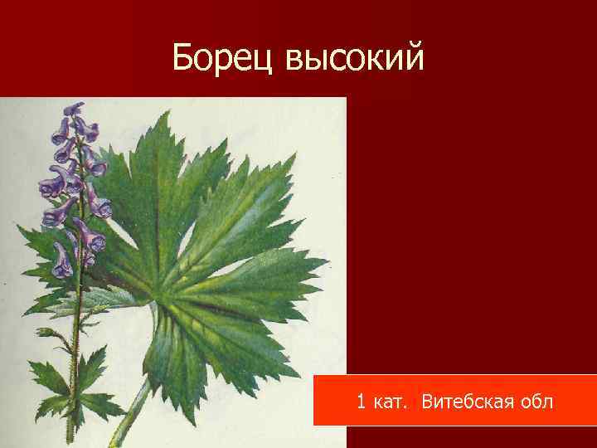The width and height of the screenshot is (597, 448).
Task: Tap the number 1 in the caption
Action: tap(361, 402)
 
